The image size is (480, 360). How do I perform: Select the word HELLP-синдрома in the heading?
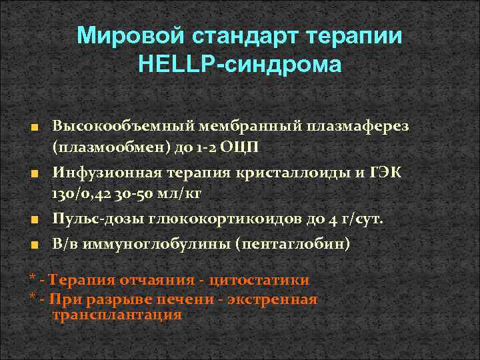[239, 65]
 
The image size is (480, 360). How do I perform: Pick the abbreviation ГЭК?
[387, 173]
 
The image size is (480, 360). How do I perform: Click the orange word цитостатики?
[255, 280]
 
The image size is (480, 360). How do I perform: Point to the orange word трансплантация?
[117, 315]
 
